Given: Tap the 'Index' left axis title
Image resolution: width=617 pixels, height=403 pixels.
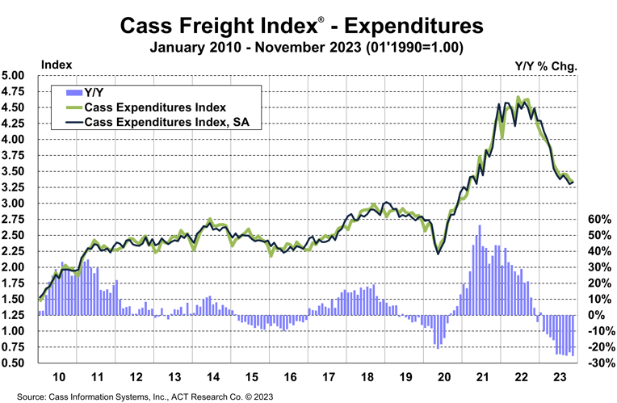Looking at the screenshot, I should click(56, 64).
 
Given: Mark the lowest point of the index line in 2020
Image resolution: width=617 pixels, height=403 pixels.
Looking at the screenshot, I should click(439, 253).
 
